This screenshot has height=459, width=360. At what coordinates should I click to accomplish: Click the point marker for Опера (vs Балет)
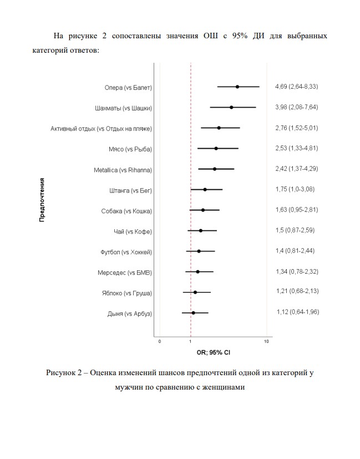(237, 87)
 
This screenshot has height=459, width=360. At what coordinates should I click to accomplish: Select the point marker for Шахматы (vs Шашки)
(231, 107)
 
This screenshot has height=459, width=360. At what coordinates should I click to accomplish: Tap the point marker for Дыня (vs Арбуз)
(193, 313)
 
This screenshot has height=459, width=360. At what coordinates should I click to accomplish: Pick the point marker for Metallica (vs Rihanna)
(215, 169)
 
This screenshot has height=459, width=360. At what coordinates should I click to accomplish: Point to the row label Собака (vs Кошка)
(126, 211)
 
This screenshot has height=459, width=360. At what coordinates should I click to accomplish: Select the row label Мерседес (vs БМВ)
(124, 273)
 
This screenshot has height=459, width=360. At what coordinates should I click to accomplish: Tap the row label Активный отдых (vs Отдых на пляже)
(101, 129)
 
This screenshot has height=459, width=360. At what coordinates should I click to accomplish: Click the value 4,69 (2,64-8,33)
(296, 87)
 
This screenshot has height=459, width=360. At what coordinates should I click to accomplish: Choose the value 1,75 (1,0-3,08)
(295, 189)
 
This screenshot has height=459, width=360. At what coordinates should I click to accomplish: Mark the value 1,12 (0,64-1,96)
(297, 312)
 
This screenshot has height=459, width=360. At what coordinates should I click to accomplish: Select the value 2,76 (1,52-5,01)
(296, 128)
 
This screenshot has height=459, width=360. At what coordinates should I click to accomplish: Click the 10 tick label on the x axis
(266, 341)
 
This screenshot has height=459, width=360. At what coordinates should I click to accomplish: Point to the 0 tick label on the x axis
(160, 341)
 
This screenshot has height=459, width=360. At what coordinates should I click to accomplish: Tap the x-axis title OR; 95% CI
(213, 352)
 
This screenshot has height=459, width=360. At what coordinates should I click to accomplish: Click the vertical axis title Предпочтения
(42, 199)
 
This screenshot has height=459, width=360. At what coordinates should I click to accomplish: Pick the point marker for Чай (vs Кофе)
(200, 230)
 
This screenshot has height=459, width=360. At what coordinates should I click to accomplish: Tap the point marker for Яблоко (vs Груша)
(195, 292)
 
